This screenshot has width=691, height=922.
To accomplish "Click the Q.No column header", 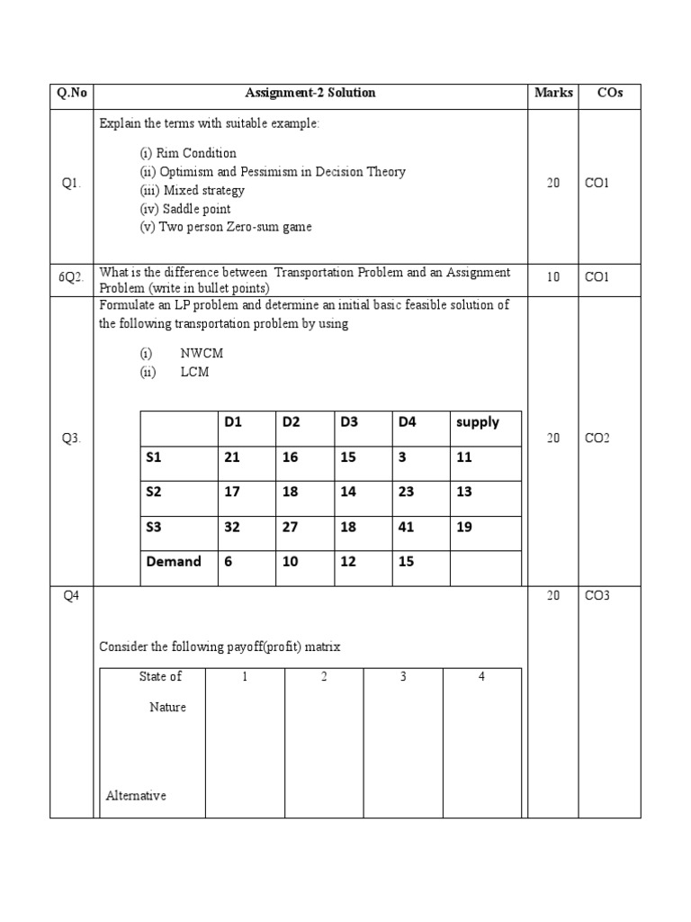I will (71, 93).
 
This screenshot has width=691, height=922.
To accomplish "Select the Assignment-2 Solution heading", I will (310, 93).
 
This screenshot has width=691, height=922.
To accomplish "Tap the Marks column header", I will (553, 93).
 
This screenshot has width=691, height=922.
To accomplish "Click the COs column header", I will (609, 93).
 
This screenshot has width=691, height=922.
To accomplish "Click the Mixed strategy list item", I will (192, 190).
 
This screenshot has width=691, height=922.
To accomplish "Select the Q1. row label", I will (71, 183).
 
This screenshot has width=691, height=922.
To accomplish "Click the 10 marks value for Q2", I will (552, 277).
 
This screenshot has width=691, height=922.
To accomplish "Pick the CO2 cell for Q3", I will (597, 438).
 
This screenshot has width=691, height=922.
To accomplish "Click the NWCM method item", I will (202, 353).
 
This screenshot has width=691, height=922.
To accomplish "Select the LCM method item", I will (194, 372).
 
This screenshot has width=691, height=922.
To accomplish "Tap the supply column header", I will (478, 422).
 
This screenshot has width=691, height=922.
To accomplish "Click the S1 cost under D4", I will (402, 457).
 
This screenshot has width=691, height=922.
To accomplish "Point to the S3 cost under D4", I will (406, 528).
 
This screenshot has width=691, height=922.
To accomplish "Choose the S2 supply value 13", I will (464, 493).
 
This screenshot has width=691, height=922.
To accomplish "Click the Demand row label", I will (174, 562).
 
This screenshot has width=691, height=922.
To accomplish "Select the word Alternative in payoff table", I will (136, 796).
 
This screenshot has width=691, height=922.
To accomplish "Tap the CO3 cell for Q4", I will (597, 596).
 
